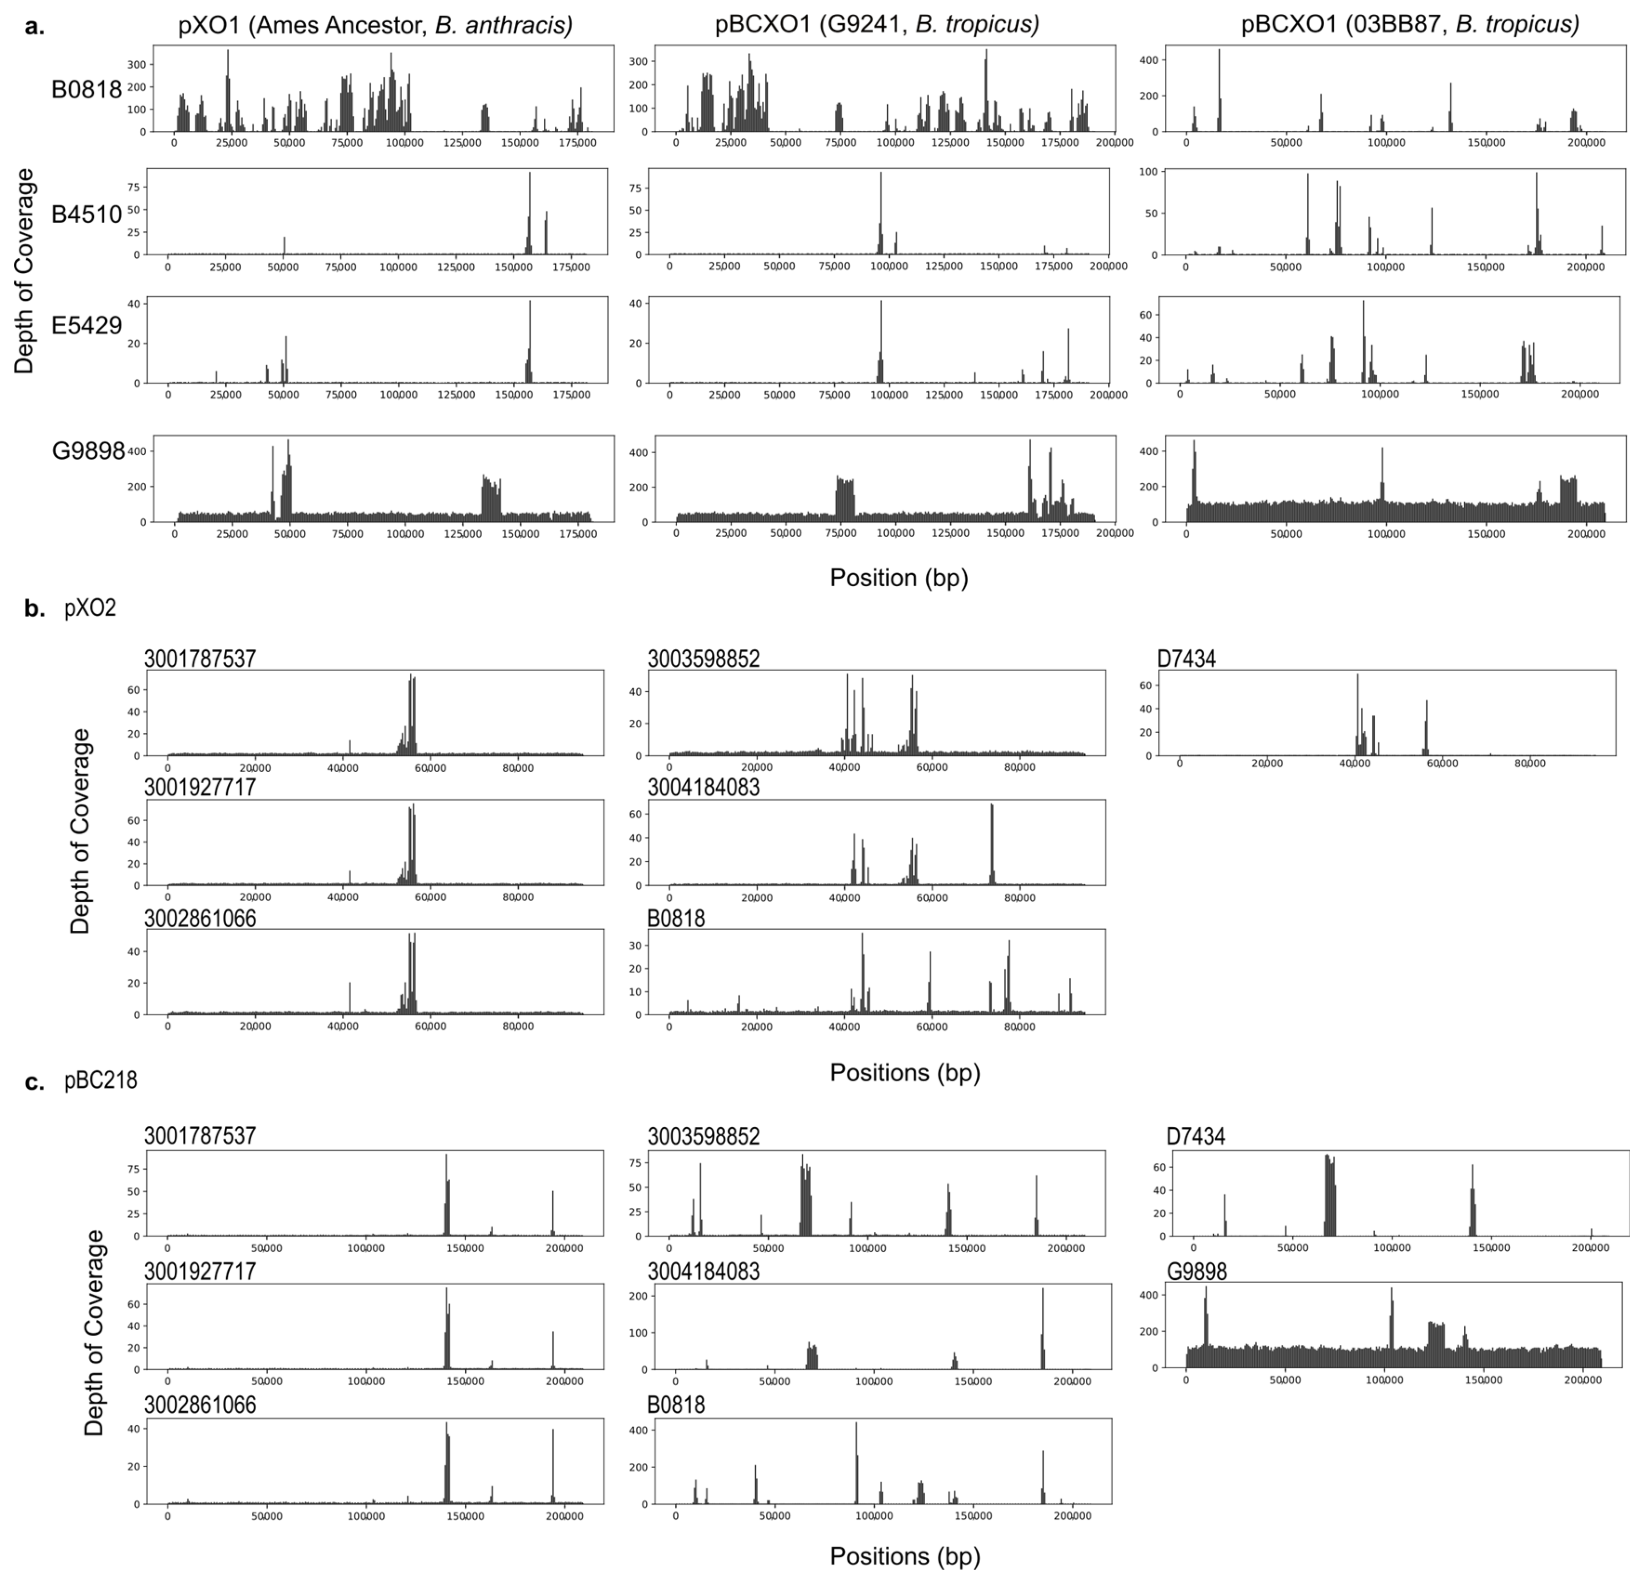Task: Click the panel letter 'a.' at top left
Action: (x=35, y=27)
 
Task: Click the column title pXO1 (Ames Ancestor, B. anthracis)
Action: (x=375, y=25)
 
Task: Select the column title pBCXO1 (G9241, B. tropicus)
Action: (x=877, y=25)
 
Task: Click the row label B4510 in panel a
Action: (x=86, y=215)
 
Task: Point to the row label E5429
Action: (x=86, y=326)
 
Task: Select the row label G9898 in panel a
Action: (x=88, y=452)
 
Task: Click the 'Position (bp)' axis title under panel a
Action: (x=899, y=578)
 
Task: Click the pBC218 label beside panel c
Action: (x=101, y=1080)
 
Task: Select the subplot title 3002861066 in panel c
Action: (x=200, y=1405)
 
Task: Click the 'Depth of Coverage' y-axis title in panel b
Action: (x=80, y=831)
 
